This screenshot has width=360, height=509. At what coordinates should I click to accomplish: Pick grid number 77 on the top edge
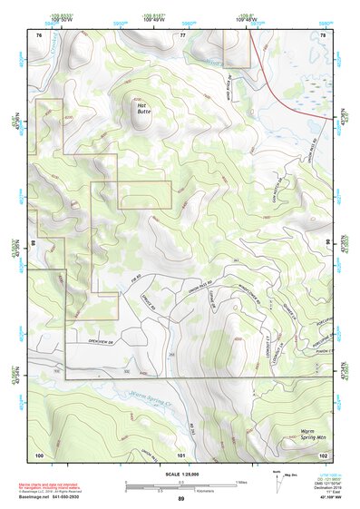pos(182,34)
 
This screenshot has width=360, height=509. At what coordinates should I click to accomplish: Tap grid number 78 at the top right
pos(323,34)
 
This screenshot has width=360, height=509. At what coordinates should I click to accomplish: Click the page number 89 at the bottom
pos(181,499)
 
